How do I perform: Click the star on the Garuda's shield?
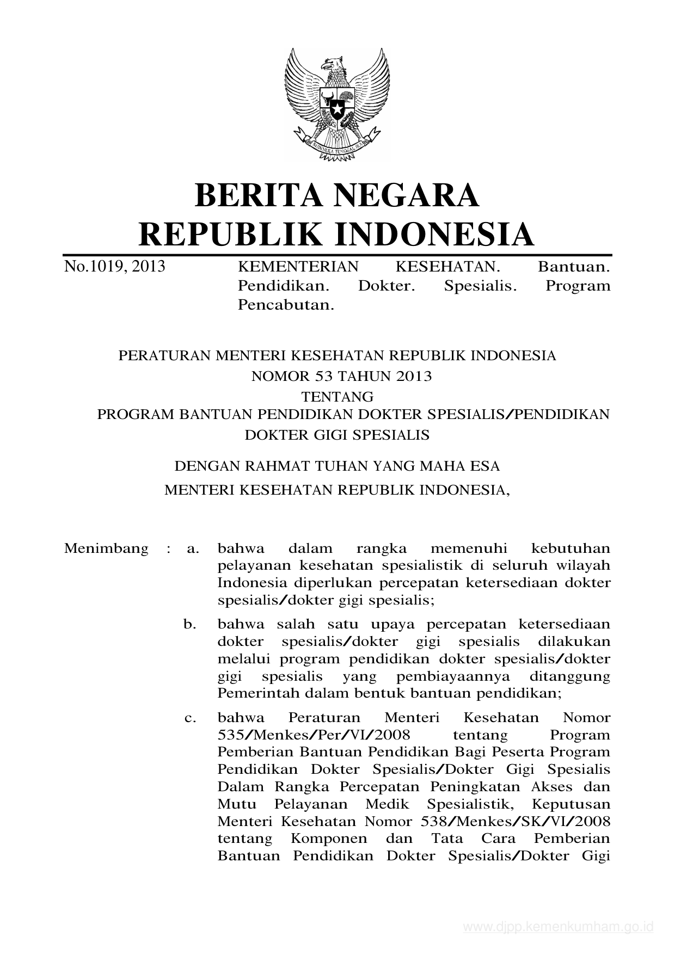click(337, 109)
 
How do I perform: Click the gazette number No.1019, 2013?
click(114, 267)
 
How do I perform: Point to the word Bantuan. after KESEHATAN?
click(574, 267)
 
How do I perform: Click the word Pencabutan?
click(286, 305)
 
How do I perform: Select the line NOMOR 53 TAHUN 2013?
click(341, 376)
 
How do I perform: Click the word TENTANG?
click(337, 396)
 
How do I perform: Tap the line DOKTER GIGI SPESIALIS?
click(337, 435)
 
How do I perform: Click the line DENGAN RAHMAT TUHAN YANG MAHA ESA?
click(337, 466)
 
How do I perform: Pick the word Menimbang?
click(106, 548)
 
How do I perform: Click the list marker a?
click(192, 549)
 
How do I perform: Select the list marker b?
click(190, 624)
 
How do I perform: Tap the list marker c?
click(190, 718)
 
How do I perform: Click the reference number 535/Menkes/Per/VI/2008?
click(314, 735)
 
